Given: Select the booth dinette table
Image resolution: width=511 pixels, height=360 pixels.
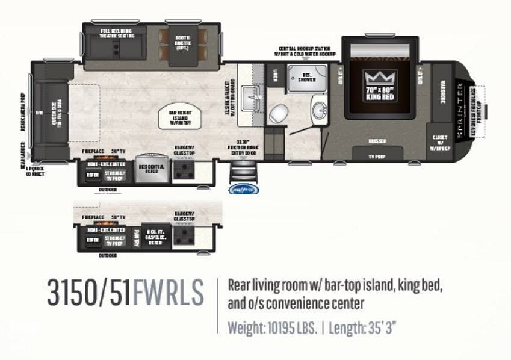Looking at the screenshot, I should (x=184, y=42).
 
